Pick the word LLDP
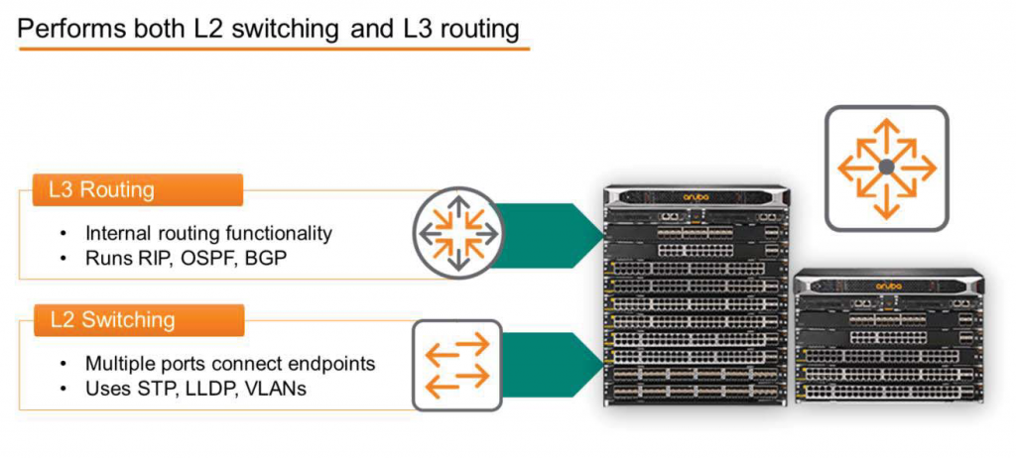(201, 389)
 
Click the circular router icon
(458, 233)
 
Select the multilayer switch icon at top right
(886, 169)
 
